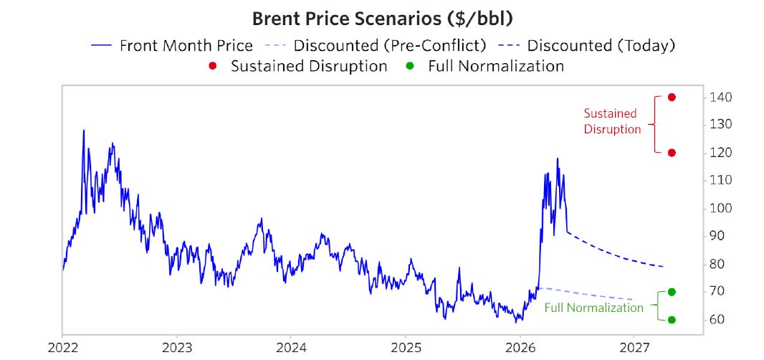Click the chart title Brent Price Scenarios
[382, 19]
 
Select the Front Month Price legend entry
[171, 46]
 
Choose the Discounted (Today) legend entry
[586, 46]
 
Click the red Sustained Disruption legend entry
[297, 66]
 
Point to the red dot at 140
[672, 97]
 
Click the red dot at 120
[672, 153]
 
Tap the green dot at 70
[672, 292]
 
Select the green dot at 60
[672, 320]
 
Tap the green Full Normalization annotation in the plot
[594, 308]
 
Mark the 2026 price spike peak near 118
[558, 158]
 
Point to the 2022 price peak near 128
[84, 131]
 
